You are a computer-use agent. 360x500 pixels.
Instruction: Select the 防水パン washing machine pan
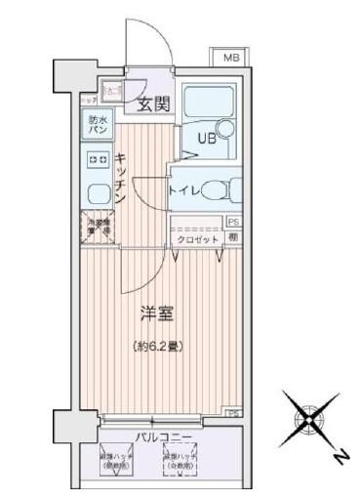point(99,125)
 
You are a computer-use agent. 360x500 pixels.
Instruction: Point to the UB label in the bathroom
point(208,138)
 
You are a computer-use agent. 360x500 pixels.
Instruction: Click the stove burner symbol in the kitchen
point(97,158)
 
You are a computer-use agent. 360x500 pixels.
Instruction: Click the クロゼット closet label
point(197,238)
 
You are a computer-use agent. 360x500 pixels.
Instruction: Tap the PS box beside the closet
point(232,223)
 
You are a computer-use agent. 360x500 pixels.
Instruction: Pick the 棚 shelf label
point(233,238)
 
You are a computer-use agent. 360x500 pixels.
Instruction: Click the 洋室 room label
point(156,312)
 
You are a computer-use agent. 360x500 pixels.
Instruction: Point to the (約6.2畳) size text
point(157,345)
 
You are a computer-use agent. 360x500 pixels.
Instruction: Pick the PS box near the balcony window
point(233,413)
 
